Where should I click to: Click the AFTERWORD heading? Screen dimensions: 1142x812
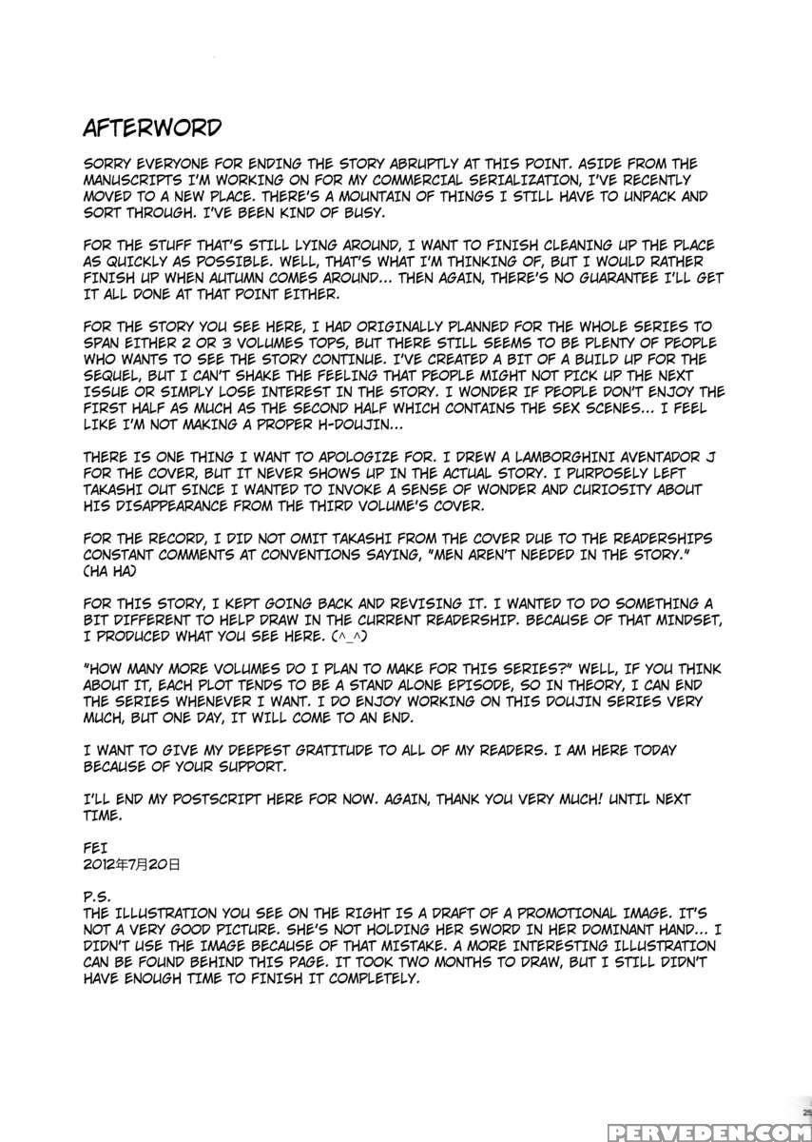tap(152, 128)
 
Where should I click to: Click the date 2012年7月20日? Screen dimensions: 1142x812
tap(131, 865)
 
